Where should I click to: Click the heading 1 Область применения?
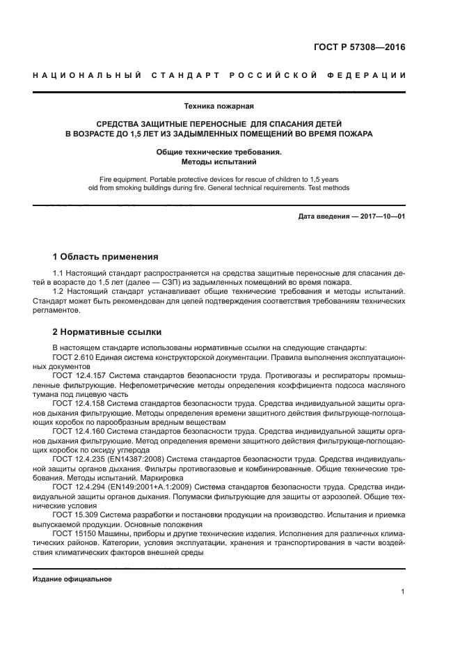[x=106, y=256]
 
